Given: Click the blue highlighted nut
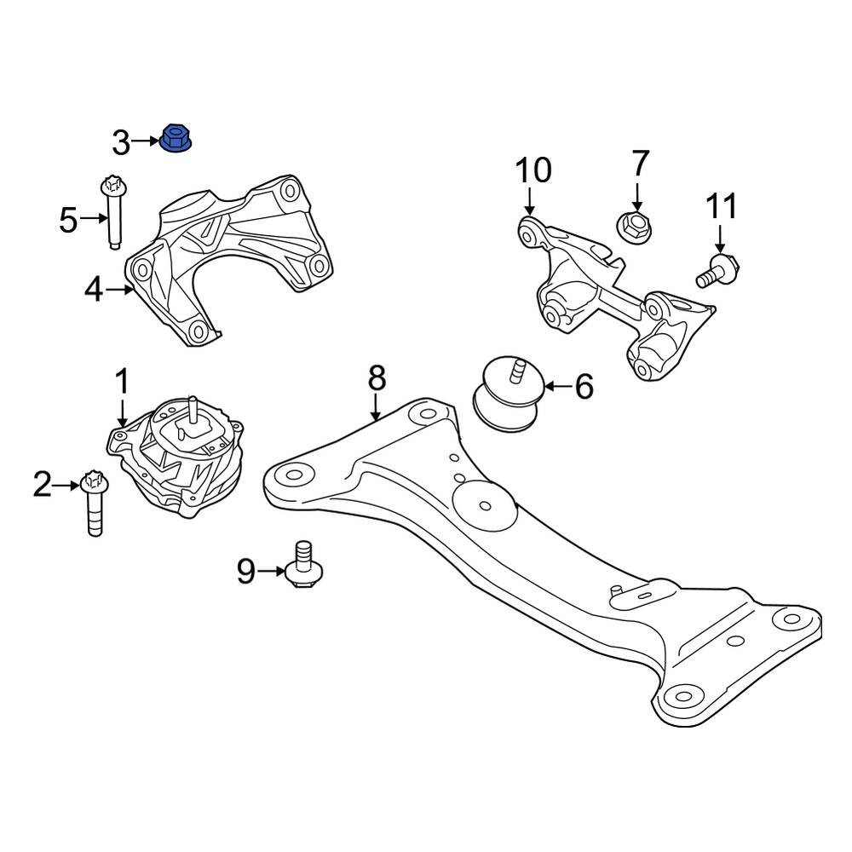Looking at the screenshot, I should coord(176,139).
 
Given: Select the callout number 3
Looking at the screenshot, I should coord(121,143).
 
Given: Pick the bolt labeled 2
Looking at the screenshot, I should coord(93,503).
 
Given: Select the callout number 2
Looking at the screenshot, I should coord(43,486).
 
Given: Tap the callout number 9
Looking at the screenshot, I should coord(245,572).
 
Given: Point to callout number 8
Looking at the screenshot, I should coord(377,377).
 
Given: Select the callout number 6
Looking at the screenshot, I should coord(584,387).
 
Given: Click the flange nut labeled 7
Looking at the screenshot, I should coord(633,226).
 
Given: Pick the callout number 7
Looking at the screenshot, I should coord(640,164).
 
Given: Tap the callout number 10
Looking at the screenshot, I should coord(532,171).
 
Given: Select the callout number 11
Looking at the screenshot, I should coord(720,206).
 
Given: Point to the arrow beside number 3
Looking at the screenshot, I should coord(146,142).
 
